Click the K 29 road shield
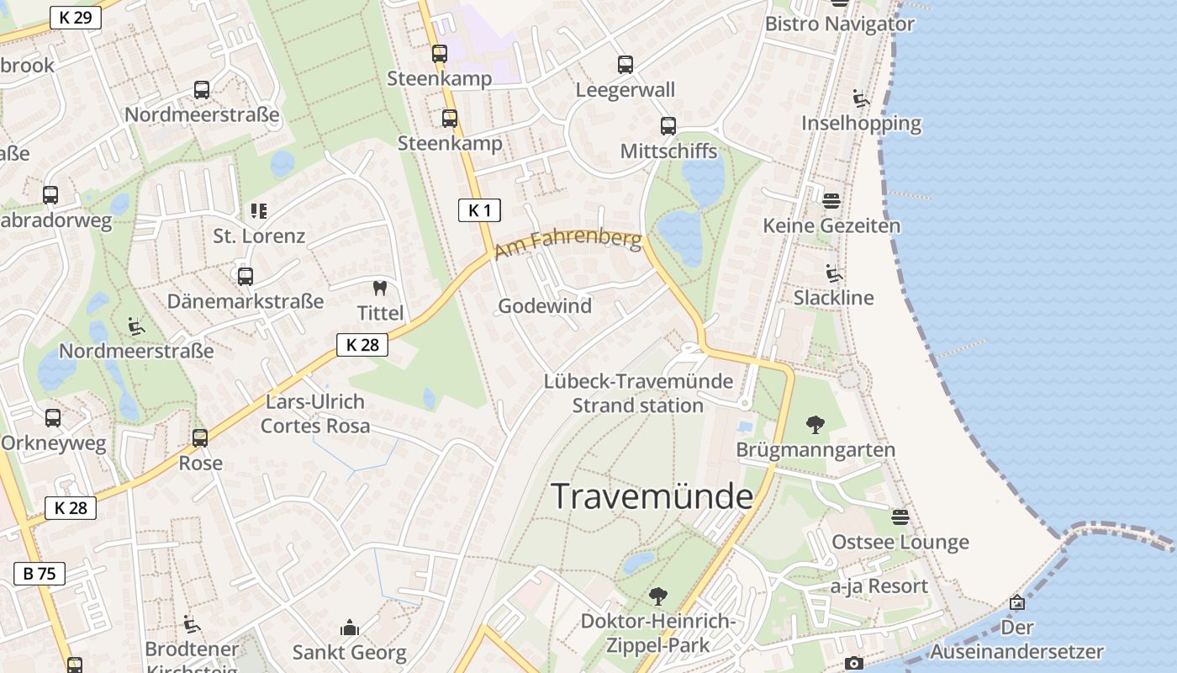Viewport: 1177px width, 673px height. (x=76, y=17)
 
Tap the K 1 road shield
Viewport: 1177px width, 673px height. (x=479, y=210)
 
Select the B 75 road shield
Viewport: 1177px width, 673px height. (x=40, y=574)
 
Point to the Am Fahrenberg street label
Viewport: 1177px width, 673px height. (x=568, y=244)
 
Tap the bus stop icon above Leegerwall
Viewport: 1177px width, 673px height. (x=625, y=65)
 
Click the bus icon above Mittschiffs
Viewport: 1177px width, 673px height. (x=668, y=126)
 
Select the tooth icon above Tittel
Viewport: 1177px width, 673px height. (x=380, y=289)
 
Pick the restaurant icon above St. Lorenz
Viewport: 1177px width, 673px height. (x=258, y=210)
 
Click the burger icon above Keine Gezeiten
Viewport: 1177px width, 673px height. (x=831, y=200)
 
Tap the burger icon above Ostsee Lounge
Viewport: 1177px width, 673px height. (x=900, y=517)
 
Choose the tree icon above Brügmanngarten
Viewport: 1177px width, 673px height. (x=815, y=424)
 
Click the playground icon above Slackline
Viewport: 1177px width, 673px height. (x=833, y=273)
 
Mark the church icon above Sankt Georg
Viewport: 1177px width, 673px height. (x=349, y=628)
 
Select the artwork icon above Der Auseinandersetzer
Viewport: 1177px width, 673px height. (x=1016, y=602)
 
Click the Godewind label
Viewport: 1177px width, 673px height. (x=545, y=306)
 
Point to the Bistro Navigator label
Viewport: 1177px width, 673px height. (x=839, y=24)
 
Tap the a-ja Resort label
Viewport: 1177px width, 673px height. (x=879, y=586)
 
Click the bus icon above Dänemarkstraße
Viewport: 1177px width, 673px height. (x=245, y=276)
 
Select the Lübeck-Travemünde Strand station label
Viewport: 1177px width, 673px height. (x=638, y=393)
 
